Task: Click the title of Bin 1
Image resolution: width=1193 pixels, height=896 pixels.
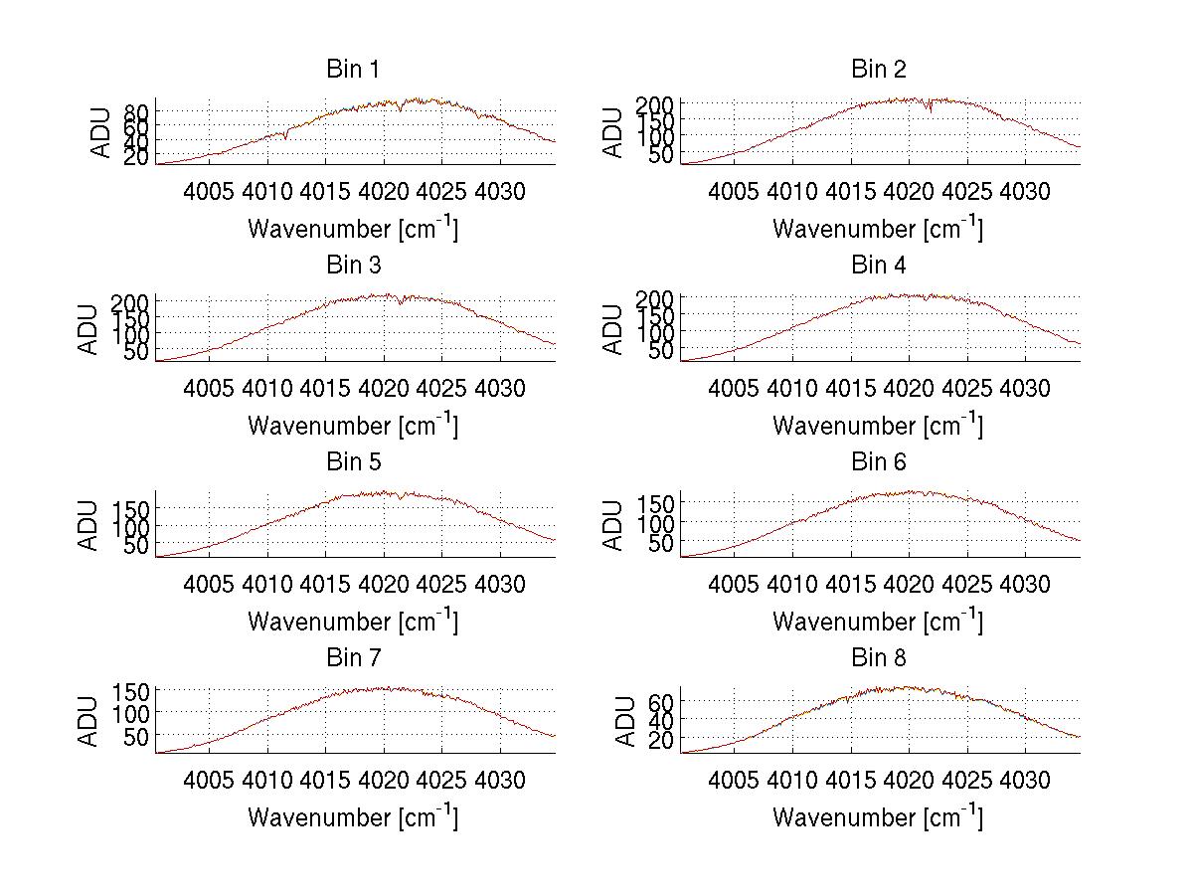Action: point(353,70)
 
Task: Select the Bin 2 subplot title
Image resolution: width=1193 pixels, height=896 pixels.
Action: point(879,70)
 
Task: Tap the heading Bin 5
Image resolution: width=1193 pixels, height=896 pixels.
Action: point(353,462)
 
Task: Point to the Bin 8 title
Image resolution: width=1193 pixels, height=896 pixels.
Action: point(879,658)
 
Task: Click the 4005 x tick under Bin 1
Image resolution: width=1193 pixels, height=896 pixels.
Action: point(210,191)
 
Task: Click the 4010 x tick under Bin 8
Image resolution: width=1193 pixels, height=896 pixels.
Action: point(792,780)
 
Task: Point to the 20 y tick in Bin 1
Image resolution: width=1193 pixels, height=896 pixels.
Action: point(137,157)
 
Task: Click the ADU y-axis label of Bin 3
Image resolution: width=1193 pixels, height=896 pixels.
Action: point(90,329)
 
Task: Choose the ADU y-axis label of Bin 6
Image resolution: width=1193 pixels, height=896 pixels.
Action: point(615,525)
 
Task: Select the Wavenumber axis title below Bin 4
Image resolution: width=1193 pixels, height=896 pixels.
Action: point(878,425)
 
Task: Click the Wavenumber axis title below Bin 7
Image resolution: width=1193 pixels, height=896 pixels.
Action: point(353,817)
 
